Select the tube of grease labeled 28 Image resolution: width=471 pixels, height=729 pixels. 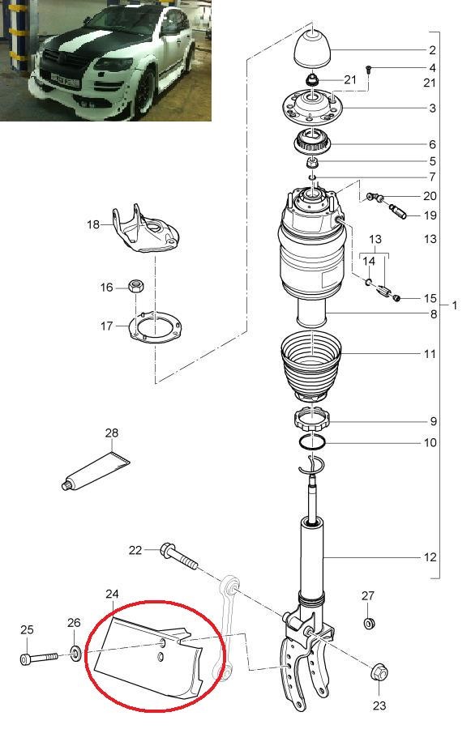(96, 470)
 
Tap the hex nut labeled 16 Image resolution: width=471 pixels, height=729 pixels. (135, 285)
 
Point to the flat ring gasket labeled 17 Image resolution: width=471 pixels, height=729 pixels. (155, 327)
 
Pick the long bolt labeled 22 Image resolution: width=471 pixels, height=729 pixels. (179, 556)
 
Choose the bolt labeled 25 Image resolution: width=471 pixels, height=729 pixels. (39, 658)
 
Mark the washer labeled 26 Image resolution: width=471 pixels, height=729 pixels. (75, 653)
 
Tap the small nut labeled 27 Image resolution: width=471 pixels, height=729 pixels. (368, 623)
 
